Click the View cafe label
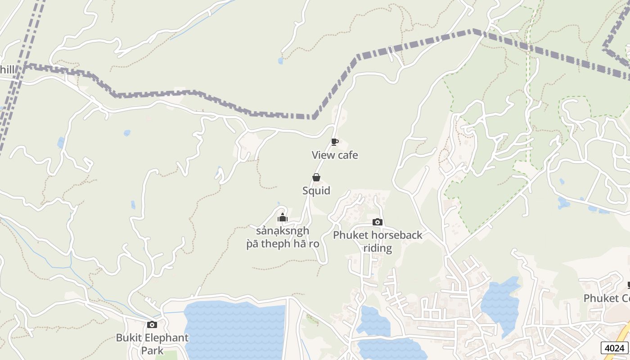point(335,155)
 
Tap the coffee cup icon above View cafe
point(335,142)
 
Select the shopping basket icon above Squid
point(316,177)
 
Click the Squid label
point(316,191)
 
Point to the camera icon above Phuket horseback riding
point(378,222)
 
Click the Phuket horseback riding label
point(378,241)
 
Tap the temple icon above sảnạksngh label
point(283,218)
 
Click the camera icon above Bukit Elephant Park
point(152,324)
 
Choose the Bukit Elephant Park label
point(152,344)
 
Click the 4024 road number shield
point(614,348)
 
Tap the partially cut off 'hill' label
point(7,69)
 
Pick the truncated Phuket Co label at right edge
point(607,298)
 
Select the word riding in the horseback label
point(378,248)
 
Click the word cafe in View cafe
point(348,155)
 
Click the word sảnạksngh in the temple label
point(283,231)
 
